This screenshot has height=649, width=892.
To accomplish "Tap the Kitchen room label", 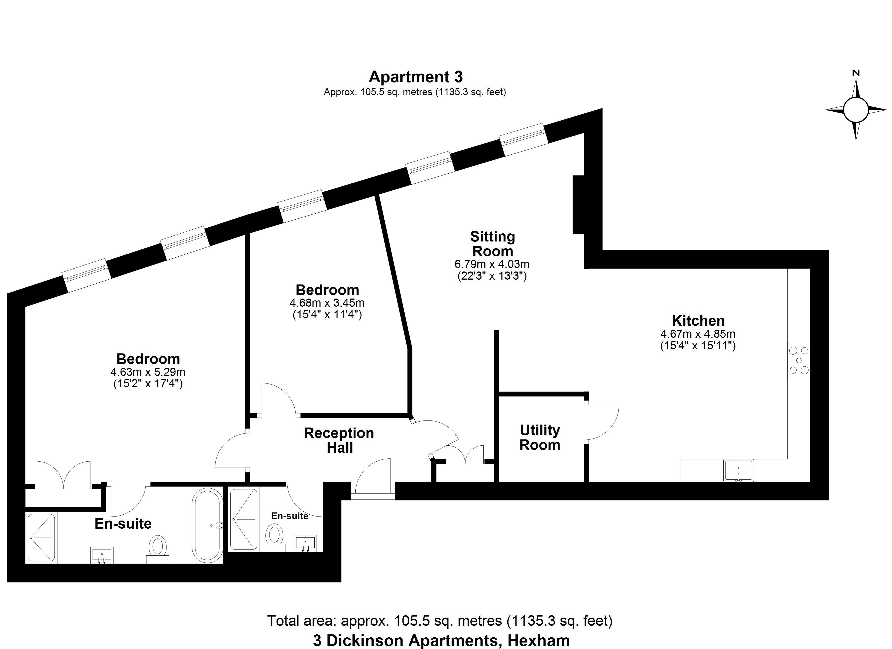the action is point(698,321).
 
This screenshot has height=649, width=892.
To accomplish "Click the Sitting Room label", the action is point(492,244).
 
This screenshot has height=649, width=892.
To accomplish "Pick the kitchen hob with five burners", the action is point(799,360).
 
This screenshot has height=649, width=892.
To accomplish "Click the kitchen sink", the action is point(739,470).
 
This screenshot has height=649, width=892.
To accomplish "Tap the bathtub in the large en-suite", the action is point(208,525).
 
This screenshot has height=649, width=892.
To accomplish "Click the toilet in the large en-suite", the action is point(158,549).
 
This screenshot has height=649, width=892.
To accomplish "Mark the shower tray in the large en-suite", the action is point(41,538).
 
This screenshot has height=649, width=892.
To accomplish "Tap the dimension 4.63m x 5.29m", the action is point(148,372).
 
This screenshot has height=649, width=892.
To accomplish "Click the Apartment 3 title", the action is point(416,77).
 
